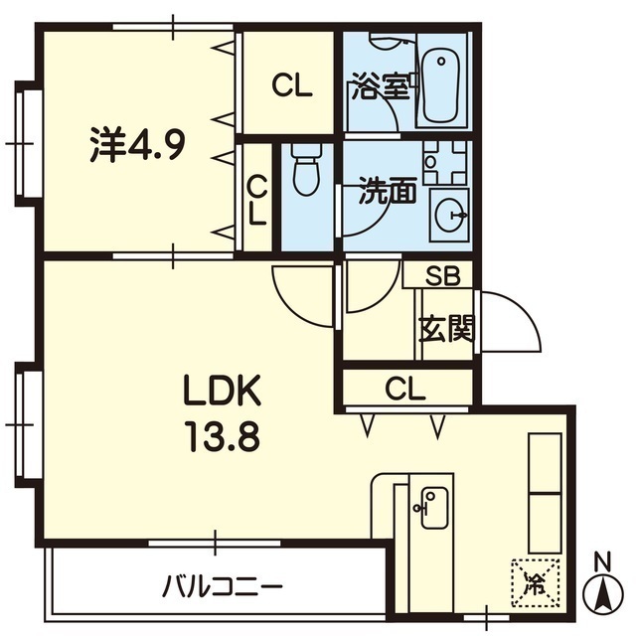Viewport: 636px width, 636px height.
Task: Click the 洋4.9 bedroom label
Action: click(138, 144)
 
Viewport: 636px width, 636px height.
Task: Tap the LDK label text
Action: click(223, 391)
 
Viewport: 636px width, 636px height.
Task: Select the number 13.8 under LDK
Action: click(223, 436)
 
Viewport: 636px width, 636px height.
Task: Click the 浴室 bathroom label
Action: click(381, 86)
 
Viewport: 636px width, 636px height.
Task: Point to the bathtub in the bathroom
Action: click(441, 82)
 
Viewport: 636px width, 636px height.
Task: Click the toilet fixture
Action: click(307, 170)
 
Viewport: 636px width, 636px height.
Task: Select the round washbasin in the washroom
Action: click(450, 215)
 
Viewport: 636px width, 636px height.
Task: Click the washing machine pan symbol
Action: click(444, 163)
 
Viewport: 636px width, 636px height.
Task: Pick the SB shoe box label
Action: click(442, 276)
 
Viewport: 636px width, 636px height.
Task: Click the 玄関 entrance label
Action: click(446, 329)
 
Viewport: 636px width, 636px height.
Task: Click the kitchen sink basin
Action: click(434, 508)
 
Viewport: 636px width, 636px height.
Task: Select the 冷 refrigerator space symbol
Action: click(536, 583)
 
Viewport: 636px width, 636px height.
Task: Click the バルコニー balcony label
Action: click(222, 587)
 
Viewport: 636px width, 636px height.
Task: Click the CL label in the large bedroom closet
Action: click(292, 85)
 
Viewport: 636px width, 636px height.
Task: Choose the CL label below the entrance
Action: click(405, 389)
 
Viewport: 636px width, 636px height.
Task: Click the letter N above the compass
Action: click(603, 562)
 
